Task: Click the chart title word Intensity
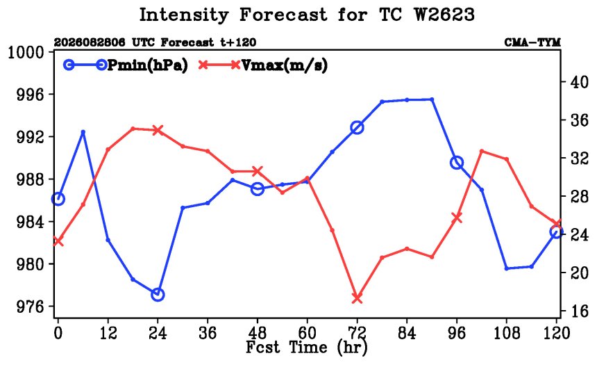[x=184, y=15]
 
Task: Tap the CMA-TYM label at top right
[x=532, y=42]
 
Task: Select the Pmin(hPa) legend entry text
[x=148, y=65]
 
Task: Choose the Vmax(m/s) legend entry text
[x=285, y=65]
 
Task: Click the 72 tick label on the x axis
[x=357, y=333]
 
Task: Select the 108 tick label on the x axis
[x=507, y=333]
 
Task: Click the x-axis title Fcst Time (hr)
[x=307, y=348]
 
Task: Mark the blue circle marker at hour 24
[x=158, y=295]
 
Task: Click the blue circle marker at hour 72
[x=357, y=127]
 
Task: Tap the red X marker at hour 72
[x=357, y=298]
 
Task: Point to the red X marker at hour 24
[x=158, y=130]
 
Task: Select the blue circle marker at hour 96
[x=457, y=163]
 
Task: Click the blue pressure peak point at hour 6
[x=83, y=132]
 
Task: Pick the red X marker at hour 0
[x=58, y=241]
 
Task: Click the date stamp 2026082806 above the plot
[x=90, y=42]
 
